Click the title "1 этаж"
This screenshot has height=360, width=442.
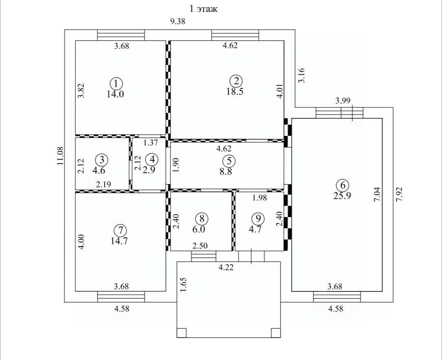pos(203,9)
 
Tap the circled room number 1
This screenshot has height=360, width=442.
pos(117,84)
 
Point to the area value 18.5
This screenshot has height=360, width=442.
pos(235,91)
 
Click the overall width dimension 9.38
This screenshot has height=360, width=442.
pos(177,22)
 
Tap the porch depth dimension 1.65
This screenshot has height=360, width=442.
pos(183,284)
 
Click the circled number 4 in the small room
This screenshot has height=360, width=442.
pos(152,159)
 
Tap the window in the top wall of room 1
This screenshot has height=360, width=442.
pos(121,35)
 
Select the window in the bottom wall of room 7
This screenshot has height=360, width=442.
pos(121,297)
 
